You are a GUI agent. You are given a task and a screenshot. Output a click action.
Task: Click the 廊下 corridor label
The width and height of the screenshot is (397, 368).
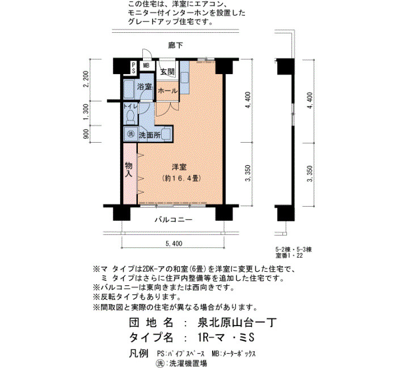click(175, 45)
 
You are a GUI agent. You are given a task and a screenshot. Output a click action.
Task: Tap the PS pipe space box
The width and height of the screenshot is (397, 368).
click(133, 68)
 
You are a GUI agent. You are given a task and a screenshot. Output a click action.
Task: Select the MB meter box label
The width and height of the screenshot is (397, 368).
click(146, 66)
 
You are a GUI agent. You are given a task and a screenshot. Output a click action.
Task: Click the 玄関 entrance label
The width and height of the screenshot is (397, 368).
click(168, 72)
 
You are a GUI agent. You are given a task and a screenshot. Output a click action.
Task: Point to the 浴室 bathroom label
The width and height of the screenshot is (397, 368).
click(144, 87)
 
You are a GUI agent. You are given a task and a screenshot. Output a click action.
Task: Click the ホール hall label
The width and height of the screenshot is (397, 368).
click(168, 91)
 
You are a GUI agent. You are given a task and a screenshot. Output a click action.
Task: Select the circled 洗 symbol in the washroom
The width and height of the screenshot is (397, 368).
click(130, 134)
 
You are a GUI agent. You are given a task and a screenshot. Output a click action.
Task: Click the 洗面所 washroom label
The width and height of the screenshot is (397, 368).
click(150, 135)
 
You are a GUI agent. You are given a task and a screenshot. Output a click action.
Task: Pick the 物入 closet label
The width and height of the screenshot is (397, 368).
click(129, 170)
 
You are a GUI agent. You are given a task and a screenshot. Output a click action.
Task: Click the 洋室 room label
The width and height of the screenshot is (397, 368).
click(179, 167)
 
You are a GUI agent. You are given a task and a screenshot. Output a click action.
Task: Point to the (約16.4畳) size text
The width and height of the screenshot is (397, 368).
click(181, 178)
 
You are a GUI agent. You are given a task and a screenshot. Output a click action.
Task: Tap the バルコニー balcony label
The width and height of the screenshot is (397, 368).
click(174, 220)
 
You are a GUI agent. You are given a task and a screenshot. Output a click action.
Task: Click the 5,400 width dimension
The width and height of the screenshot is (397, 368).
click(174, 243)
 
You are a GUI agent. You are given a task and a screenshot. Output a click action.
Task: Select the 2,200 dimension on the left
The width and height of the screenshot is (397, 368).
click(86, 79)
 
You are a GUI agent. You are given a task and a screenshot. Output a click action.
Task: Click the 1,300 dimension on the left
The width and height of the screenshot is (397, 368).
click(86, 112)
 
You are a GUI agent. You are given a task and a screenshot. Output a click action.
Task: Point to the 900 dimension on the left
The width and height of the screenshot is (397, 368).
click(86, 134)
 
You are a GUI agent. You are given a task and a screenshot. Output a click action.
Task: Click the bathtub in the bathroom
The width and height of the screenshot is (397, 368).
click(129, 89)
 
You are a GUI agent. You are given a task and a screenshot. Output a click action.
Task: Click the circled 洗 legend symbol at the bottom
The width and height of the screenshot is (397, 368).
click(159, 363)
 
